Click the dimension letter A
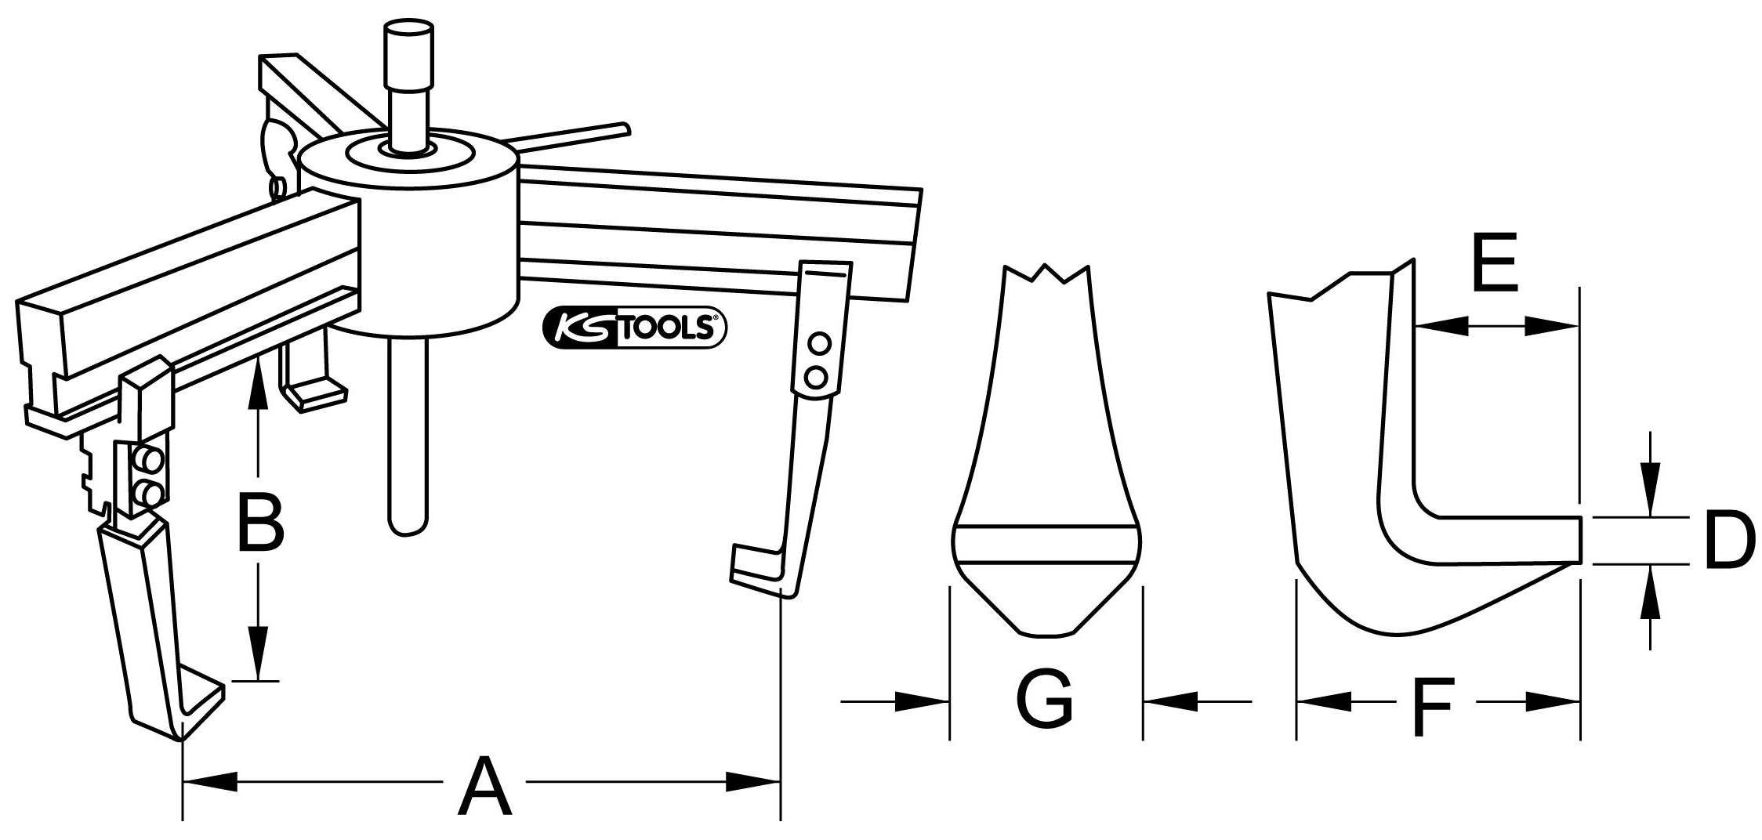pyautogui.click(x=485, y=786)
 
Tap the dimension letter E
pyautogui.click(x=1496, y=272)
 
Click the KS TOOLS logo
pyautogui.click(x=634, y=328)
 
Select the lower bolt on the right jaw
pyautogui.click(x=818, y=377)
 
